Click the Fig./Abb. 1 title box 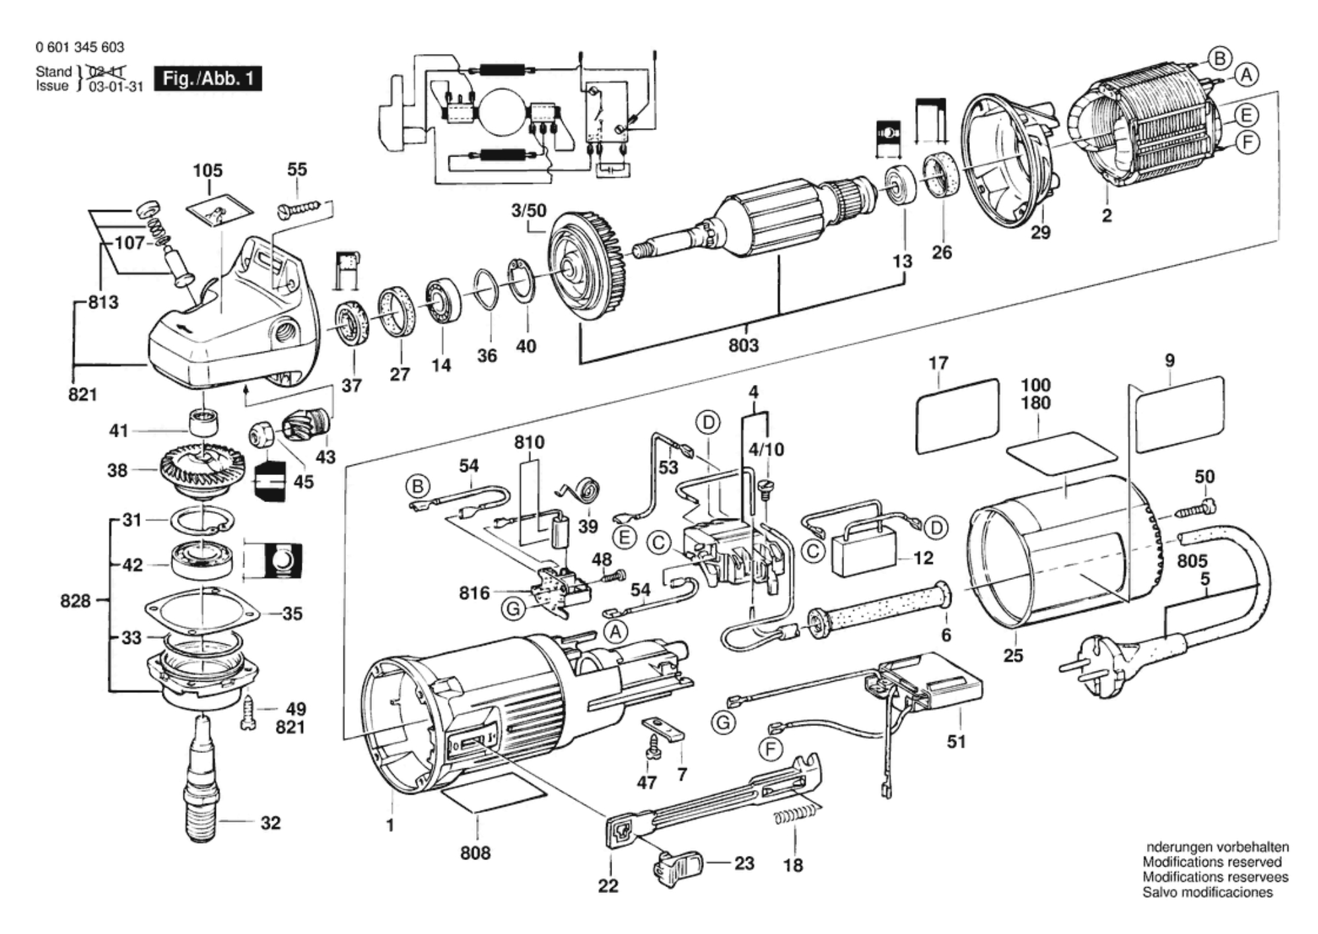point(207,79)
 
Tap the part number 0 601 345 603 point(80,48)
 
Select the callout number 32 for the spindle point(271,823)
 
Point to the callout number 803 point(744,345)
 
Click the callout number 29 point(1041,233)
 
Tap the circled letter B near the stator point(1220,59)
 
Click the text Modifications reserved point(1212,862)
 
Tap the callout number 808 point(475,853)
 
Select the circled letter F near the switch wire point(770,749)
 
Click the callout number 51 point(956,742)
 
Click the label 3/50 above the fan point(529,211)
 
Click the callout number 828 point(75,601)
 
